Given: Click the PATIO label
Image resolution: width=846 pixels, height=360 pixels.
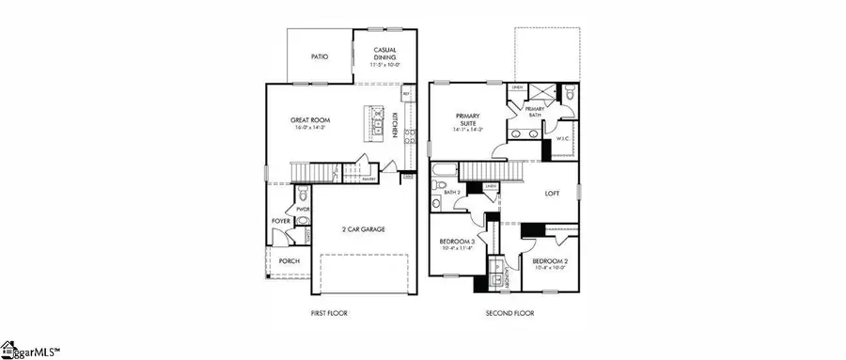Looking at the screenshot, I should [320, 56].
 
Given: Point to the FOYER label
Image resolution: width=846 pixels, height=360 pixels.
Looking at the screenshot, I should [281, 221].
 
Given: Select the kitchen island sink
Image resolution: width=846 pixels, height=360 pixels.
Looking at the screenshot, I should [376, 120].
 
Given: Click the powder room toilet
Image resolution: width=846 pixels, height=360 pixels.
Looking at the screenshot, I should [303, 222].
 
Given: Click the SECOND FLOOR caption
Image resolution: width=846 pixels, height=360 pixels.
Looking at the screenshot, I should [509, 312].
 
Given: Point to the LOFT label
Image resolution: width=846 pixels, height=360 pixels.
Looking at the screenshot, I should [554, 195].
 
